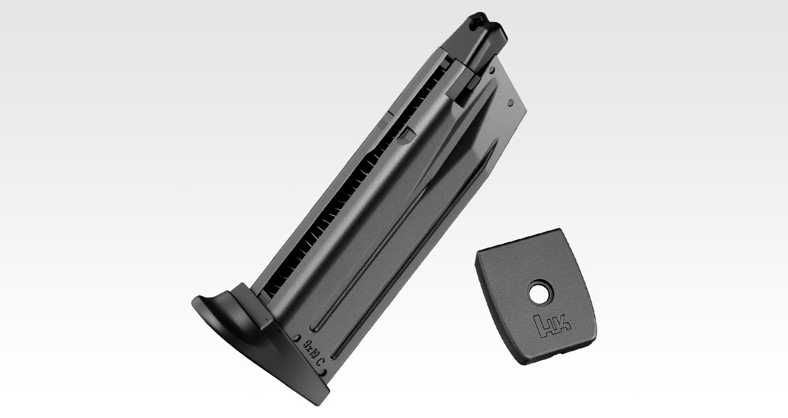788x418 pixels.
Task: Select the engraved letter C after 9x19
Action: (x=320, y=364)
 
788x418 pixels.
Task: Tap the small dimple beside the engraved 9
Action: (x=298, y=338)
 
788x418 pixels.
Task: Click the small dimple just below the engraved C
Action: (x=324, y=372)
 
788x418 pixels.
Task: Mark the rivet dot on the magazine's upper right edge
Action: (x=510, y=102)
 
